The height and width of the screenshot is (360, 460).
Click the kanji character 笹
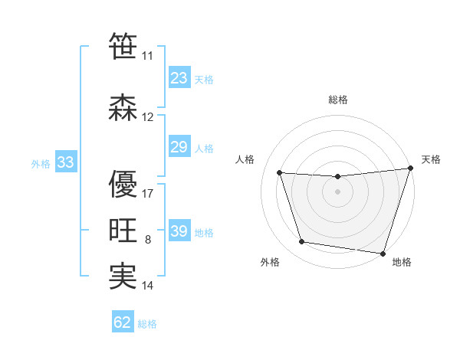pos(123,47)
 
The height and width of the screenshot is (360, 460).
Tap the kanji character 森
pos(123,108)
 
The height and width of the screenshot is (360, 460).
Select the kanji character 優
pos(123,185)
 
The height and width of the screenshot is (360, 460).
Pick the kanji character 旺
pos(123,231)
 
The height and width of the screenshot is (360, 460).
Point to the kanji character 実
pos(123,277)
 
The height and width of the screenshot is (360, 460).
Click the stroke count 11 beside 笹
pos(147,56)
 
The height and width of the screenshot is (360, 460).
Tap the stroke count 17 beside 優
pos(148,194)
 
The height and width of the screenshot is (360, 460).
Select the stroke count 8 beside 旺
pos(148,240)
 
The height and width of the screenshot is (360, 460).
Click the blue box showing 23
pos(179,78)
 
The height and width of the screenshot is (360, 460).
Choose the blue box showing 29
pos(179,147)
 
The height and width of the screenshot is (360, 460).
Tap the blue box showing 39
pos(179,231)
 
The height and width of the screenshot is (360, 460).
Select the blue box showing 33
pos(65,162)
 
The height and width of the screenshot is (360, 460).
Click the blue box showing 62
pos(123,322)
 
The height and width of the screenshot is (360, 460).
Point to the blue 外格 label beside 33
pos(41,163)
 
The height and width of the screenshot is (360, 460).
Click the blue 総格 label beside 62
pos(147,324)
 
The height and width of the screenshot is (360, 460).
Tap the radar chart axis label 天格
pos(431,159)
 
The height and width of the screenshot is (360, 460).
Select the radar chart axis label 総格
pos(338,100)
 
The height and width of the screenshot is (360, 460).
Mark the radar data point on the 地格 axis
pos(383,253)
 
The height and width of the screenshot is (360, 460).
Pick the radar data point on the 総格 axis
pos(337,177)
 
